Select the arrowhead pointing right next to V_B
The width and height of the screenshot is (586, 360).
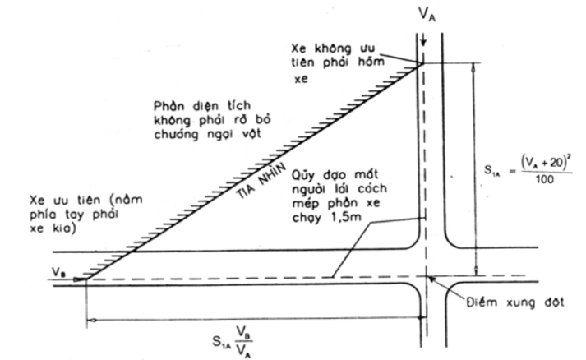82,279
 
